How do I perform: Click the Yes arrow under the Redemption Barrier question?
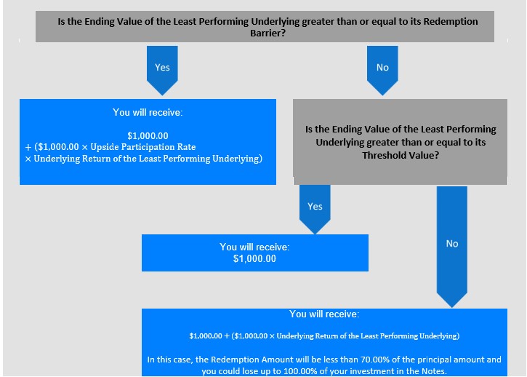162,71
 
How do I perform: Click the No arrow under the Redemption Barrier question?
382,71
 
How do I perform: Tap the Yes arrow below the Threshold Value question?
315,210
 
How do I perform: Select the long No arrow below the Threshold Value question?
451,247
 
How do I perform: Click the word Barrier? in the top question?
268,33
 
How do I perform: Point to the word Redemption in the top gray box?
451,22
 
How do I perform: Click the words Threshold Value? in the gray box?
401,155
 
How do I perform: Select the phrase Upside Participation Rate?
143,147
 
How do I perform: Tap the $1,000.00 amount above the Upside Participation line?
148,135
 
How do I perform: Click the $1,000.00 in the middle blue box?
254,258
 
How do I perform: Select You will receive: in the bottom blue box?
324,314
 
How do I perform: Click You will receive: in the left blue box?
148,112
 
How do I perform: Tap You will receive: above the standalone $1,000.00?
254,247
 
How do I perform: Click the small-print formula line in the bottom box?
324,336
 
